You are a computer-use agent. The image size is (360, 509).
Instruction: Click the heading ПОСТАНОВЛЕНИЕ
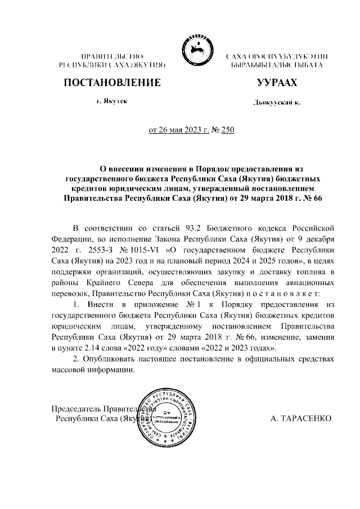(x=112, y=83)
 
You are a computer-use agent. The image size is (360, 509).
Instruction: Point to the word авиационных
(x=310, y=282)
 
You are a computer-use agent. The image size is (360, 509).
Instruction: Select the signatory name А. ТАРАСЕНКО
(x=301, y=419)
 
